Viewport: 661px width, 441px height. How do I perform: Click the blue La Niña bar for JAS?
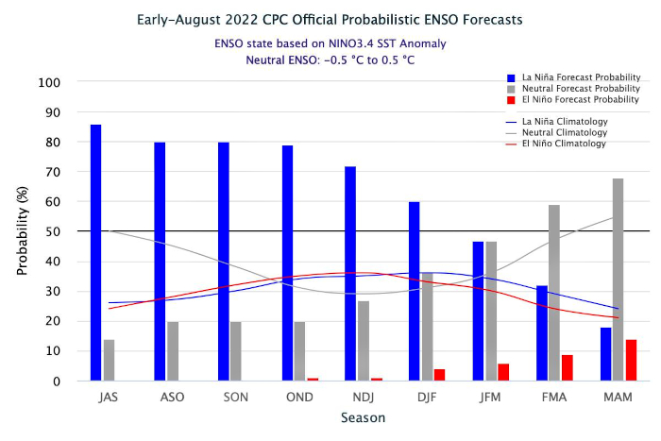coord(96,253)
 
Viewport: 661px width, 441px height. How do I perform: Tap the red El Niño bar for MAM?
coord(631,360)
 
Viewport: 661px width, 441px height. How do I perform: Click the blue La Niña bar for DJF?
coord(414,292)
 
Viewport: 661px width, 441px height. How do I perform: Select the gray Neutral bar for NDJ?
coord(364,341)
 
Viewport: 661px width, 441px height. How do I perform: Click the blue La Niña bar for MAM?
coord(604,354)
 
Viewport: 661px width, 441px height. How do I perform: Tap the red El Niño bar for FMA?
coord(568,368)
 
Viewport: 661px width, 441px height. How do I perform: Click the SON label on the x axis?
coord(236,396)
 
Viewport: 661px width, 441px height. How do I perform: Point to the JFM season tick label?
coord(490,396)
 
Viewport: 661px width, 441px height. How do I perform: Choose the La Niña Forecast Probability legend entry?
coord(575,76)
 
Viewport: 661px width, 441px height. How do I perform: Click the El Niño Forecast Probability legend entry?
coord(576,99)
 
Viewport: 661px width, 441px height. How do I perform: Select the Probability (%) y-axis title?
coord(23,231)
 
